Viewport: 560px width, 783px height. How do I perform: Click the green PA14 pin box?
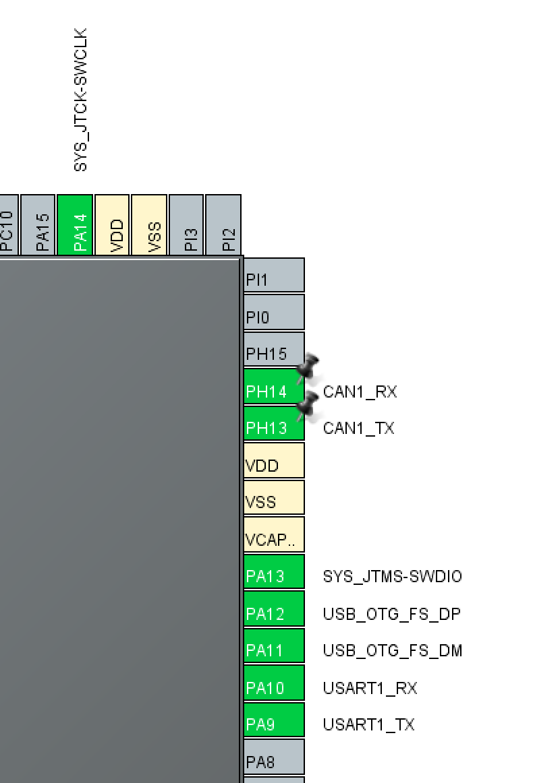[75, 225]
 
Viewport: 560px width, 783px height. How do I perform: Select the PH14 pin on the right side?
[273, 390]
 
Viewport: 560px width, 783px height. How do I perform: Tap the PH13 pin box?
[273, 427]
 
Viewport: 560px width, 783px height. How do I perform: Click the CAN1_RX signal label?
[360, 391]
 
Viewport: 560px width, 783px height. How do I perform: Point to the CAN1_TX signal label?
[358, 429]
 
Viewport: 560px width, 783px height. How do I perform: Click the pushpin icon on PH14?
[308, 368]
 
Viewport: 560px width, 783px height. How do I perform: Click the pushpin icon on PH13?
[308, 404]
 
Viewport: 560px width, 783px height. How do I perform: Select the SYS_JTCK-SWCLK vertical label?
[80, 100]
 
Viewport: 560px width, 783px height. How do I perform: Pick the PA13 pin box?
[273, 576]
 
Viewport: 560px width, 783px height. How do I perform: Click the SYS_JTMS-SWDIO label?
[392, 577]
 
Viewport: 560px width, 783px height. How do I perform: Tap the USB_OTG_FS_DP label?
[391, 614]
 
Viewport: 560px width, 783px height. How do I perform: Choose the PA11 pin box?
[273, 650]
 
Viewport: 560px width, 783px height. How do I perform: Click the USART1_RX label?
[370, 688]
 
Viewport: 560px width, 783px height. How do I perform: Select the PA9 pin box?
[273, 724]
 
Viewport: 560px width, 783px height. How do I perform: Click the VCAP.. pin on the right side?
[273, 538]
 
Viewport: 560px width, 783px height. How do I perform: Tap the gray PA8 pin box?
[273, 761]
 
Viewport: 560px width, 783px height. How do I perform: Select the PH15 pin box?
[273, 352]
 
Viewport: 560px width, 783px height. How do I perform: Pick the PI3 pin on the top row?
[187, 225]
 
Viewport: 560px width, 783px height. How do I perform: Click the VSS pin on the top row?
[149, 225]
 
